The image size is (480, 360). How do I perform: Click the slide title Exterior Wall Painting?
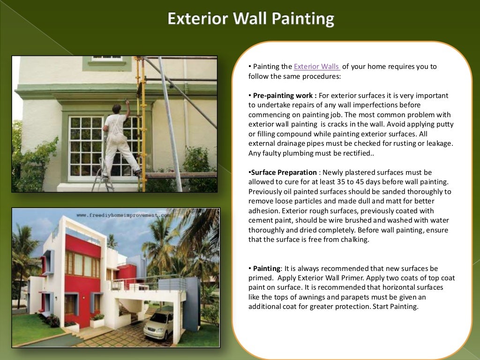[251, 19]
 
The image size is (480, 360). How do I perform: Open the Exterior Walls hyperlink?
[317, 67]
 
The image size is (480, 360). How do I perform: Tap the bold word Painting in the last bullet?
[266, 269]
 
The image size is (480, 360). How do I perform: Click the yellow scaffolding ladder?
[140, 122]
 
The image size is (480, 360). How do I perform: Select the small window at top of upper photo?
[107, 59]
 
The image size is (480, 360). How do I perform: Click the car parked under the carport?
[158, 325]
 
